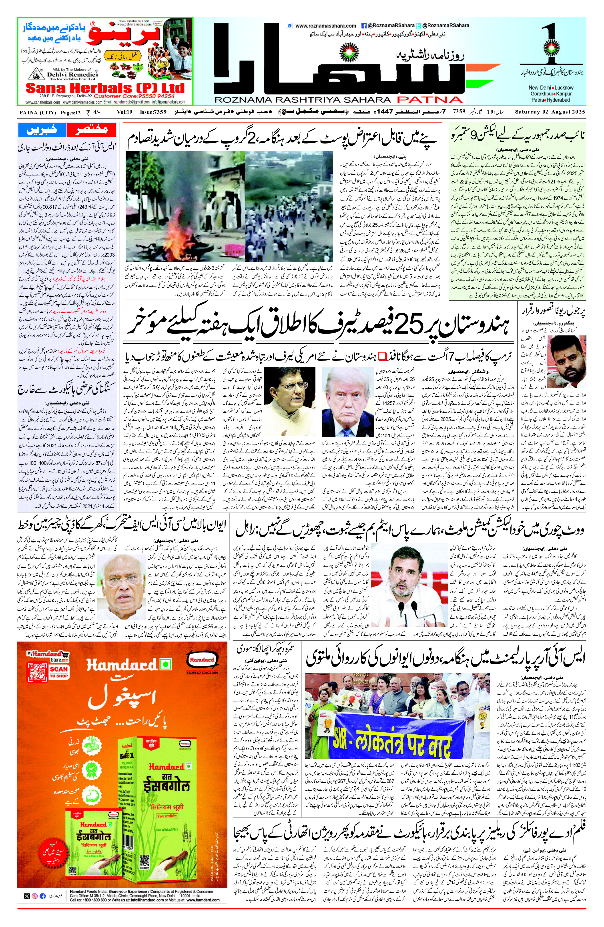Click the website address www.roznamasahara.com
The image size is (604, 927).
point(326,26)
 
